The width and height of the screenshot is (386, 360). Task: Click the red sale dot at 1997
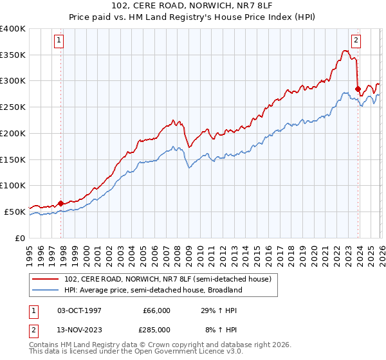(60, 203)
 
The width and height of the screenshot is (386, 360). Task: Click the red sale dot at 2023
(358, 89)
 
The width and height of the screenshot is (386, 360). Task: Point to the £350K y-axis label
(12, 55)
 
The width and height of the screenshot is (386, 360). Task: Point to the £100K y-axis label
(12, 186)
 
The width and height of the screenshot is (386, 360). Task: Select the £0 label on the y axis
(19, 238)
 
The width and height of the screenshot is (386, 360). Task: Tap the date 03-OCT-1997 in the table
(79, 310)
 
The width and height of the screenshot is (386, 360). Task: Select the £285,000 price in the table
(157, 329)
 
